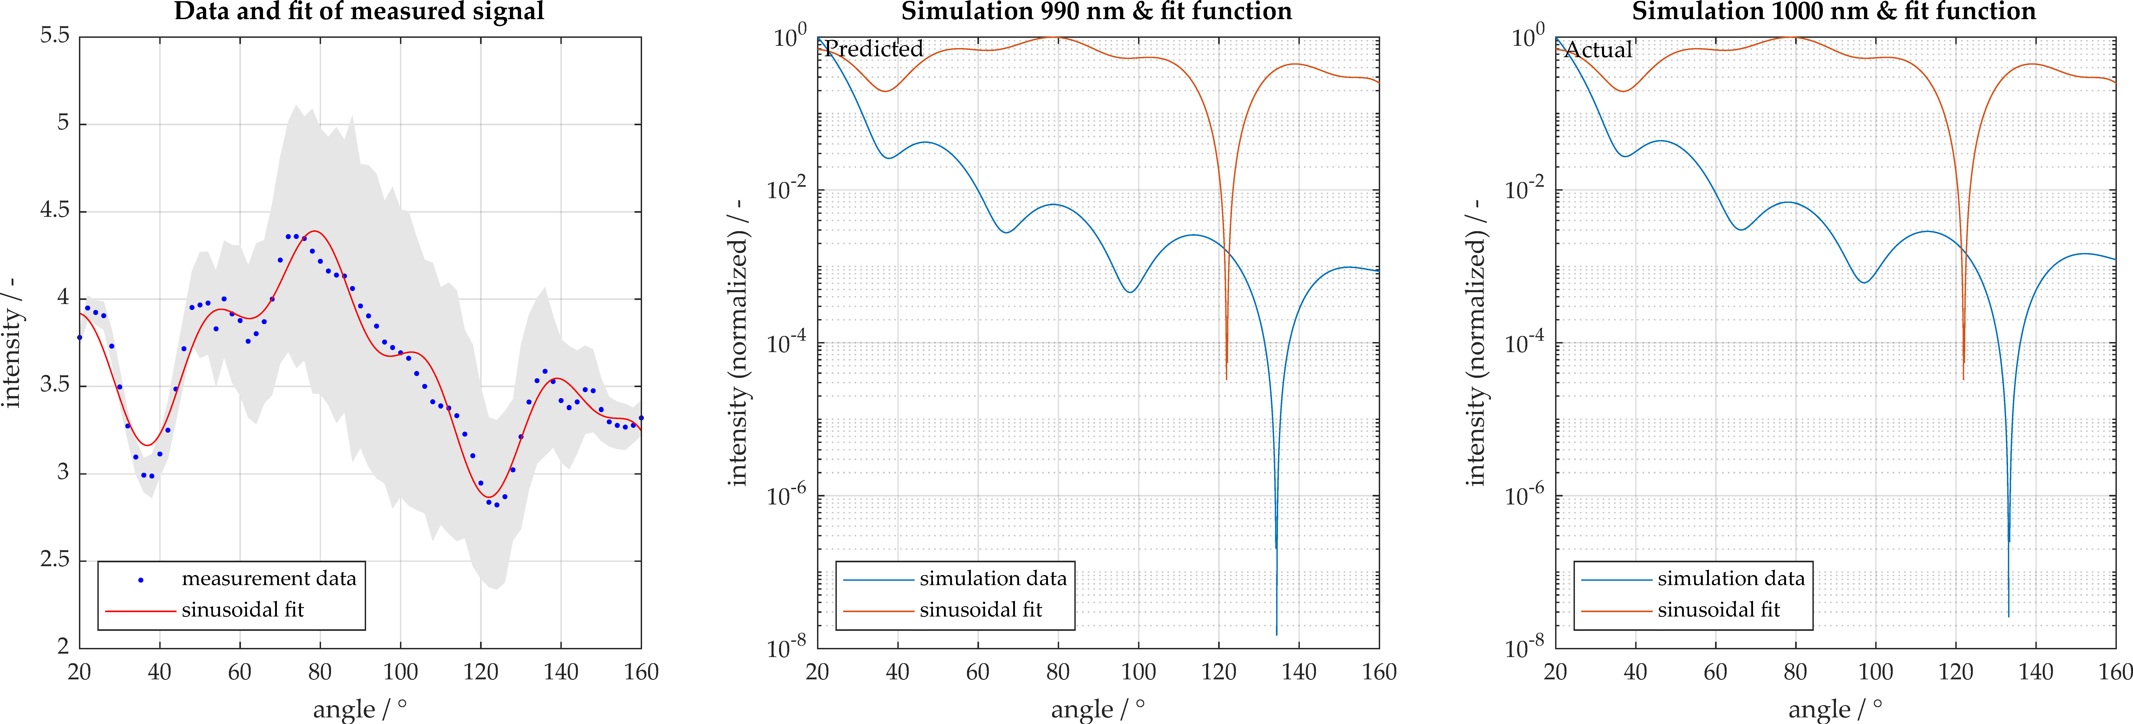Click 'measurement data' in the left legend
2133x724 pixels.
268,578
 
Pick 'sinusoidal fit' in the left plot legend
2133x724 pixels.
243,610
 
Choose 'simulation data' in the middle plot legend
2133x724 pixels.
993,578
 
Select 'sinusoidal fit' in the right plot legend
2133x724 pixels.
1718,610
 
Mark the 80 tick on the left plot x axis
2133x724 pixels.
320,672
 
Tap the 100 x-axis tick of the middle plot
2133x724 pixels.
1138,672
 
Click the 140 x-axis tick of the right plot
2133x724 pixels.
2035,672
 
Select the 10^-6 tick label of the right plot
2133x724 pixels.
1523,494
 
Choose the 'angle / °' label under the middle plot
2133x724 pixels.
1097,709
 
